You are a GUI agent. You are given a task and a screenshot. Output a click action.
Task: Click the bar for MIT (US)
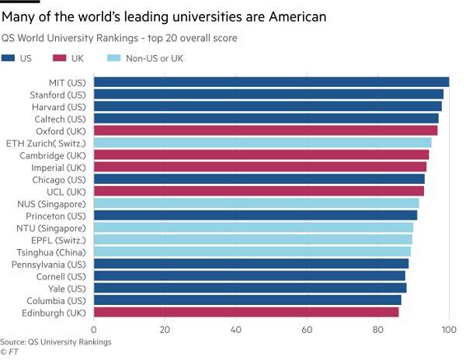pos(271,82)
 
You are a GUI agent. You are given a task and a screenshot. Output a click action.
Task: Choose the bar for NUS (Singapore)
pos(256,203)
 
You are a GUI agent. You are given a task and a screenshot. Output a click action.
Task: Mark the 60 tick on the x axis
pos(307,330)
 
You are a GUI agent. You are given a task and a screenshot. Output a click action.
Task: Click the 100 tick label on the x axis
pos(448,330)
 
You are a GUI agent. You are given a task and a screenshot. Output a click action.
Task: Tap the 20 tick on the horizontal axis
pos(165,330)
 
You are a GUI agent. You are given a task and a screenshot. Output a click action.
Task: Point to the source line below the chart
pos(56,341)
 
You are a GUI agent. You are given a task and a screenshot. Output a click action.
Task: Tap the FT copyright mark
pos(9,351)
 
